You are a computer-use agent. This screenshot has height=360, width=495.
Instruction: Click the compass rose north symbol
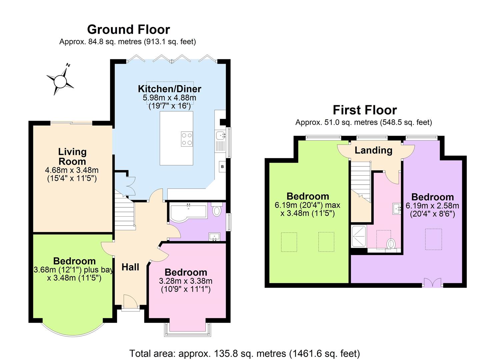(x=60, y=80)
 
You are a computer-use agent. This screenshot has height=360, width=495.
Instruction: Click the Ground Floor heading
(x=128, y=29)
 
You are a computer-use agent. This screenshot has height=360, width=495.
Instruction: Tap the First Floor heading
(x=365, y=110)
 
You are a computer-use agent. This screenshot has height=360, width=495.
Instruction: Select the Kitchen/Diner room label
(x=169, y=89)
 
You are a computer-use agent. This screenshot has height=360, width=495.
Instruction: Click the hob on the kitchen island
(x=187, y=139)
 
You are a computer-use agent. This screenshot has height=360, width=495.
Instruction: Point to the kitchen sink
(x=220, y=135)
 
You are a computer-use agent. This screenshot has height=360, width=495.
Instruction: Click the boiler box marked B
(x=222, y=166)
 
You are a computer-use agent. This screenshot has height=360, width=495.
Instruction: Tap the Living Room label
(x=72, y=156)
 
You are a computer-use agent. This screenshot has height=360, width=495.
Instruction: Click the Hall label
(x=130, y=267)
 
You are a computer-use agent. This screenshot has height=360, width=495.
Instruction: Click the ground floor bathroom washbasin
(x=214, y=237)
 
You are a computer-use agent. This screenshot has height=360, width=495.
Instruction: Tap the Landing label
(x=373, y=150)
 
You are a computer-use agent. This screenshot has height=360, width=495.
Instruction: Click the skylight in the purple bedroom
(x=433, y=239)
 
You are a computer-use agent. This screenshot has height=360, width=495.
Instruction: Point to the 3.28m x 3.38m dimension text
(x=186, y=281)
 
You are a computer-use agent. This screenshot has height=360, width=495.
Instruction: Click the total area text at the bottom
(x=244, y=353)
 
